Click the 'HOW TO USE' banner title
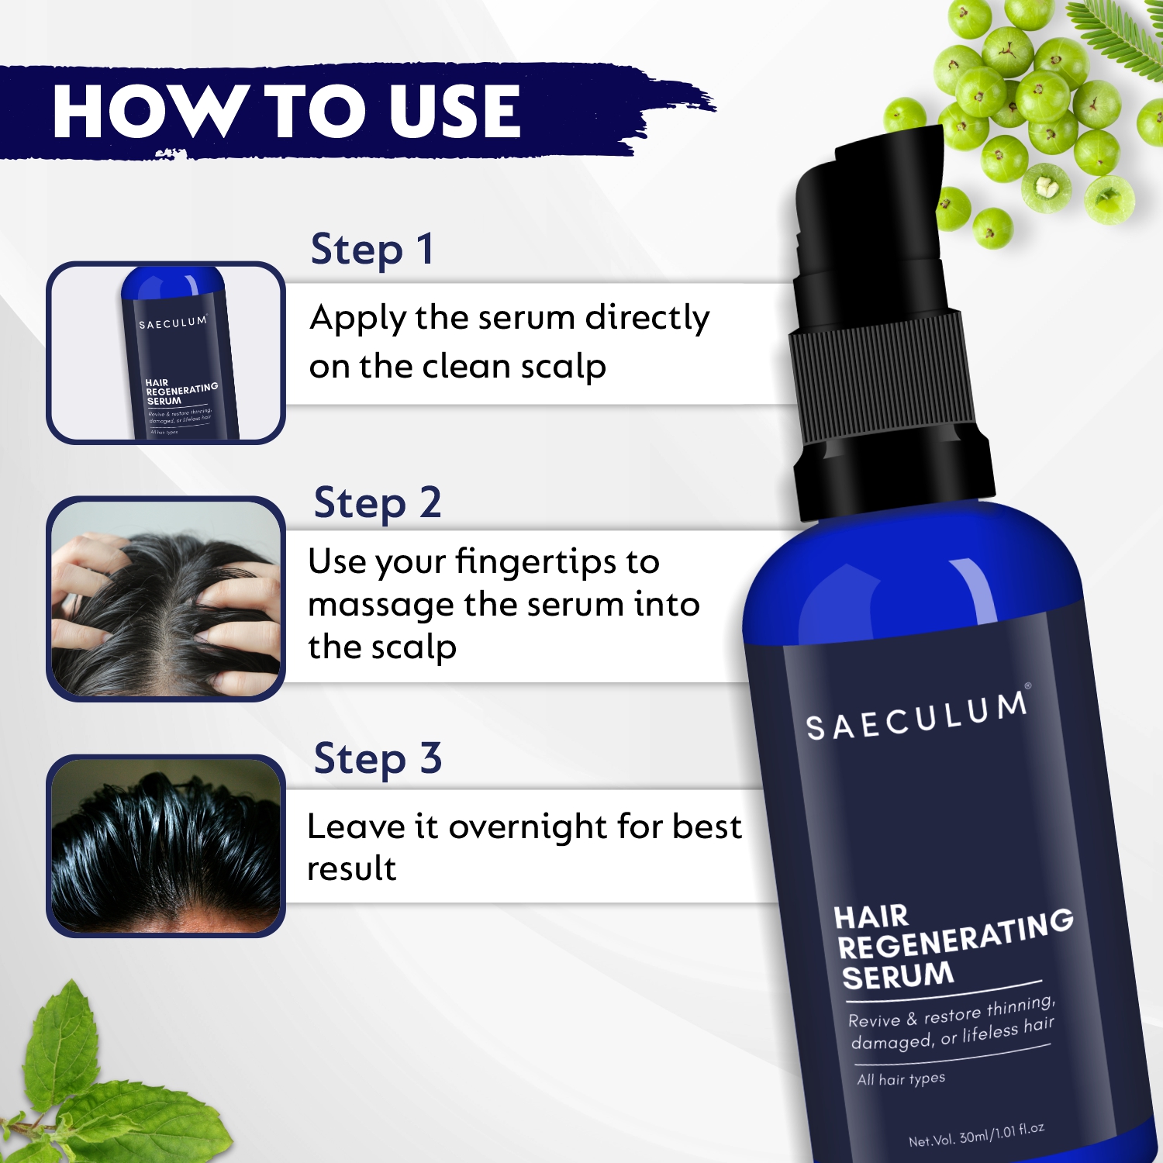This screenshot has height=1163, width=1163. tap(287, 112)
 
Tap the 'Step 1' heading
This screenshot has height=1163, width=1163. tap(372, 250)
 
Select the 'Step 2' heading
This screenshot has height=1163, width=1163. tap(378, 503)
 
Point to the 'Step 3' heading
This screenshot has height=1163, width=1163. tap(378, 758)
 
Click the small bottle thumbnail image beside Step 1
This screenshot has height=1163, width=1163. tap(166, 353)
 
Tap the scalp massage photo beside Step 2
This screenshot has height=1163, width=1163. tap(166, 599)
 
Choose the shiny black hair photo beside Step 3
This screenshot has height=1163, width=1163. tap(166, 846)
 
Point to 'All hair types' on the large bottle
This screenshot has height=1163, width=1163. tap(901, 1079)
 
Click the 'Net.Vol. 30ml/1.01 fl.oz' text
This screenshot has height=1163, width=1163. tap(977, 1135)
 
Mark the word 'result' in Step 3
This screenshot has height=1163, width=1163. tap(352, 869)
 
